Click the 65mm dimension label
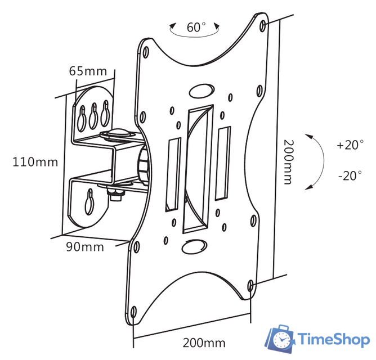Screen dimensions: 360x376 click(x=88, y=71)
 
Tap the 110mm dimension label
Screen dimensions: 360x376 click(x=35, y=163)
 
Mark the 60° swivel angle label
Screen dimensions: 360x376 click(x=196, y=26)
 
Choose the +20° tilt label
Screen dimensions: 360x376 click(x=350, y=145)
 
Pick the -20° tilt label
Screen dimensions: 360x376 click(x=350, y=175)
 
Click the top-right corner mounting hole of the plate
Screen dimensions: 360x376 click(x=265, y=25)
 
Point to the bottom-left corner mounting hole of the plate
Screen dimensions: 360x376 click(x=134, y=312)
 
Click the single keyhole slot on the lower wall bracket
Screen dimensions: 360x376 click(x=90, y=200)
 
